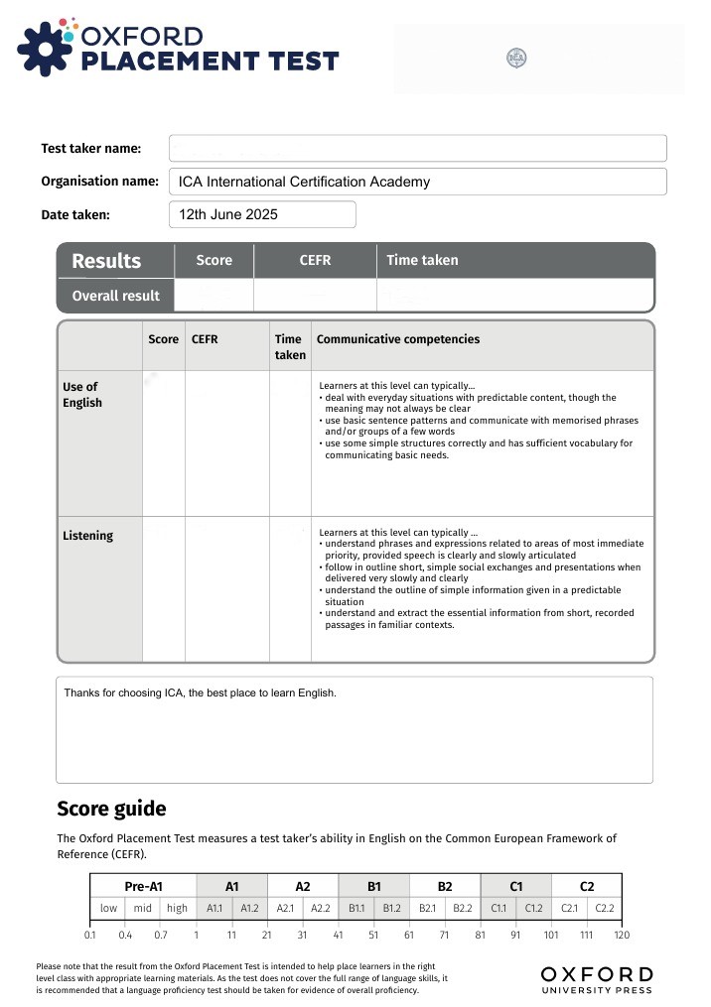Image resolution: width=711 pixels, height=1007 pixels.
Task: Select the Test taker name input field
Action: tap(417, 149)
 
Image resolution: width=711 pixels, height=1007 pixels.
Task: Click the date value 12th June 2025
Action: tap(228, 214)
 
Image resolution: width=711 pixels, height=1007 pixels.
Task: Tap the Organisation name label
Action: tap(99, 182)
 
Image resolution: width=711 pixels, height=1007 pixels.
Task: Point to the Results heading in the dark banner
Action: tap(106, 261)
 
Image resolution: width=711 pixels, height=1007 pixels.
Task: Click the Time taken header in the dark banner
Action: tap(422, 260)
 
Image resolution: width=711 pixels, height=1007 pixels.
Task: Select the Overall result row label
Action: tap(115, 296)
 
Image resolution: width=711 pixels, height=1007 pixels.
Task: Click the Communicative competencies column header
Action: tap(397, 339)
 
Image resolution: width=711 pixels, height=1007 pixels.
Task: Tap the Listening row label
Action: tap(87, 536)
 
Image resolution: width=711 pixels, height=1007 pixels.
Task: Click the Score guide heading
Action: tap(111, 809)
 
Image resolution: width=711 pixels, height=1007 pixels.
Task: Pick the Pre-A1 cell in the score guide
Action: tap(143, 886)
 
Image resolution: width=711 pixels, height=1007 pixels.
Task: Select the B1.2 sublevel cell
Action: tap(391, 908)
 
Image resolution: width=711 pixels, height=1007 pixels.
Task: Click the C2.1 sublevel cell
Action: tap(569, 908)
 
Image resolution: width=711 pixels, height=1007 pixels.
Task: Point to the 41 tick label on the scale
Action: tap(339, 936)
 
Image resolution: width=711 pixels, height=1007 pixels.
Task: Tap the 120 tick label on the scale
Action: tap(621, 936)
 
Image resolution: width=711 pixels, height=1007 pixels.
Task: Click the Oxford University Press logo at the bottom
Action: tap(597, 978)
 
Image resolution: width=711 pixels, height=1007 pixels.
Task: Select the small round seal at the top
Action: tap(516, 58)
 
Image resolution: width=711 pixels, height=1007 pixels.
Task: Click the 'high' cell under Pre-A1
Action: tap(178, 908)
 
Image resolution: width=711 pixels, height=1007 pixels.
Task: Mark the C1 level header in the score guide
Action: tap(515, 886)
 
